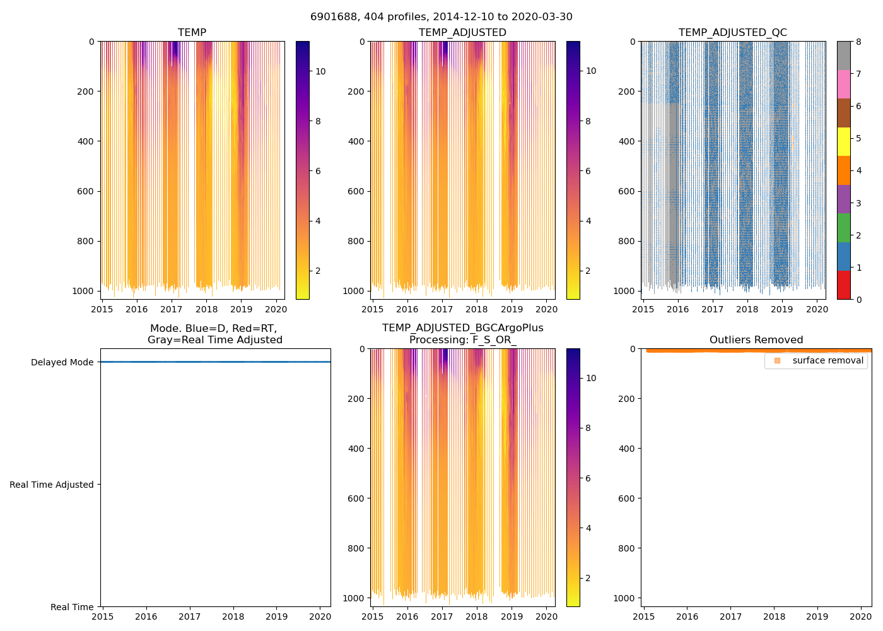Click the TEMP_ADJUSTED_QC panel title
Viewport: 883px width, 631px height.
tap(732, 33)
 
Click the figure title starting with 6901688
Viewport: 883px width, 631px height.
tap(441, 17)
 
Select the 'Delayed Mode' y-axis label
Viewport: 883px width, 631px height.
tap(62, 362)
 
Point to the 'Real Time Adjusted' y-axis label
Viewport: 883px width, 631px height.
tap(52, 485)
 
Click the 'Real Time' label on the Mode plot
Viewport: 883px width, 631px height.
tap(72, 607)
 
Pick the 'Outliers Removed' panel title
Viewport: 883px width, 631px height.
tap(756, 340)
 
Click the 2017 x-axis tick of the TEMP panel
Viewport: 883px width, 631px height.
tap(172, 309)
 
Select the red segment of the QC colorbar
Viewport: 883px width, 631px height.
tap(843, 285)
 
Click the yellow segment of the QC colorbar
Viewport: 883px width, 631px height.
tap(843, 142)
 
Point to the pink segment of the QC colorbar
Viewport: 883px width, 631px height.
tap(843, 84)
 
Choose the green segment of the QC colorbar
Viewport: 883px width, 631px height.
tap(843, 228)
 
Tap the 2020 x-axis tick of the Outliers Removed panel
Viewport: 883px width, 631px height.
tap(861, 616)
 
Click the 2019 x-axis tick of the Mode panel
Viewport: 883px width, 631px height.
tap(276, 616)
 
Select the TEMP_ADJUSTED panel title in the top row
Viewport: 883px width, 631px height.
tap(462, 33)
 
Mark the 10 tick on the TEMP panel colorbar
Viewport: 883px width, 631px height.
tap(320, 71)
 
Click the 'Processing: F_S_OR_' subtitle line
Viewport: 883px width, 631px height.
tap(462, 340)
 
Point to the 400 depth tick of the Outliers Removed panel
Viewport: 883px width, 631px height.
tap(627, 449)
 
